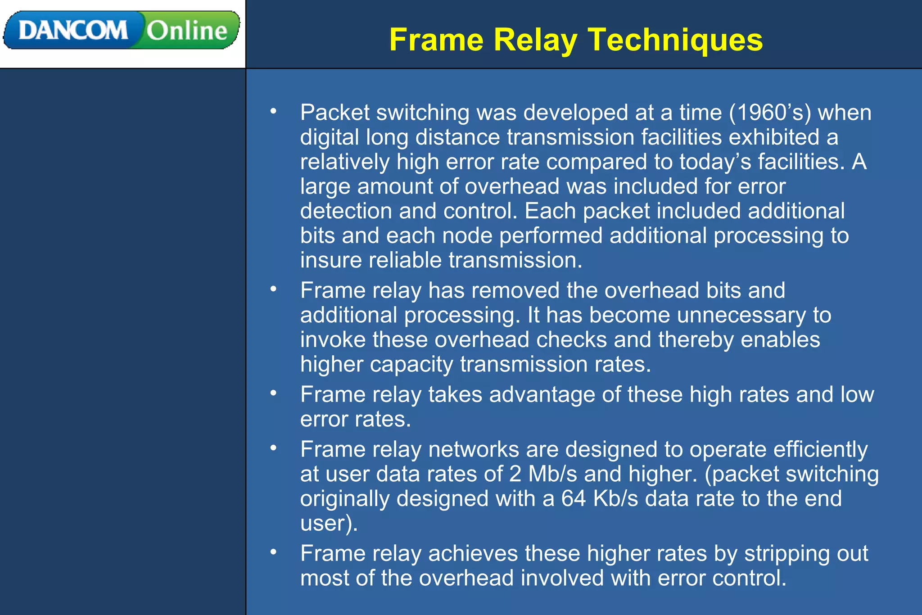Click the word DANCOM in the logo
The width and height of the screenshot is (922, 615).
coord(73,31)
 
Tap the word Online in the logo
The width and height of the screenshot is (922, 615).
coord(187,31)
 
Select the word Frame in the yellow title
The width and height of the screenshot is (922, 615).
coord(436,40)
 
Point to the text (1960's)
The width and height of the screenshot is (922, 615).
coord(770,112)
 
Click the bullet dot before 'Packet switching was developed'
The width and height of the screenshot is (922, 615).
coord(273,111)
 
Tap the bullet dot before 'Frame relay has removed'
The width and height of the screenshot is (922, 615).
coord(273,289)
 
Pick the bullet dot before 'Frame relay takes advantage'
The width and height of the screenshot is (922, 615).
coord(273,393)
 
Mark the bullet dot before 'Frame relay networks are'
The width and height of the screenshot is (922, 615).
coord(273,448)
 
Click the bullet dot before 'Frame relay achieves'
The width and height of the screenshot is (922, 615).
coord(273,552)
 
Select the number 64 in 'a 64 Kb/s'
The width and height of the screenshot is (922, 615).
coord(574,498)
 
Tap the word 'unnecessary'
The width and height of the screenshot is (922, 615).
coord(741,315)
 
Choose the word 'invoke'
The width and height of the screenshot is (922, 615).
coord(333,339)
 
